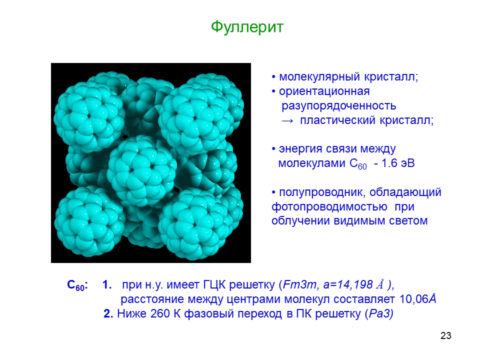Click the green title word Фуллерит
tap(247, 27)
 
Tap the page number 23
tap(445, 335)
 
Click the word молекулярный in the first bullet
tap(320, 76)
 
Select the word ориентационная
tap(324, 91)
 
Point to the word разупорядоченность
tap(339, 105)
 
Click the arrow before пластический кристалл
tap(287, 120)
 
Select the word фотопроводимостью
tap(329, 207)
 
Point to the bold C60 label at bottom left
tap(77, 285)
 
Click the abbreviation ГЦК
tap(214, 284)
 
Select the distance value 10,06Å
tap(417, 299)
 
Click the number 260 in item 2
tap(160, 314)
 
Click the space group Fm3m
tap(299, 284)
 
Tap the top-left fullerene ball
tap(89, 116)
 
